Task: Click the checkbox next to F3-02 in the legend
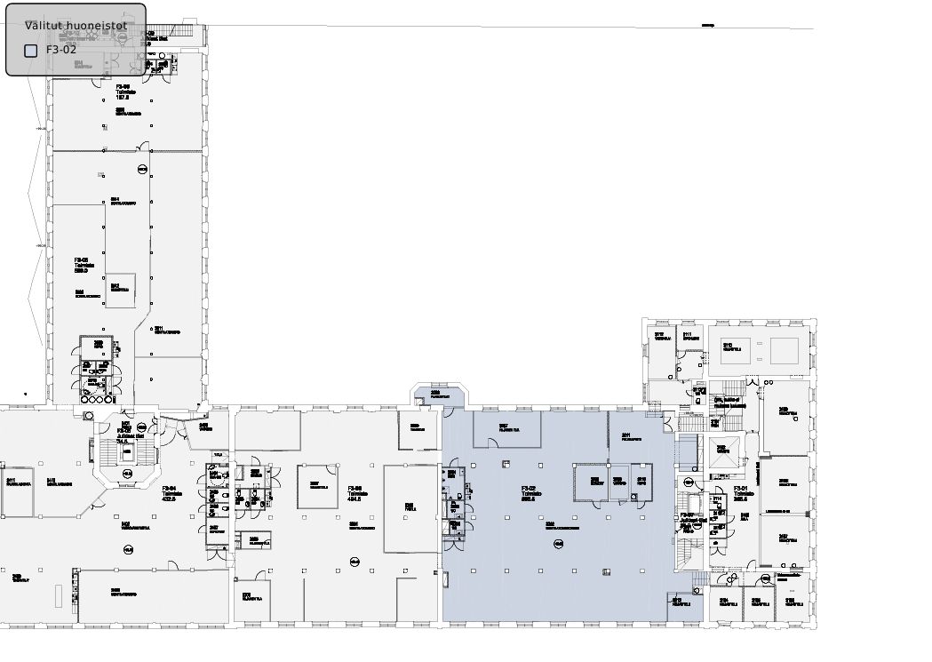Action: [x=31, y=51]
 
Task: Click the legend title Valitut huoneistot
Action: [x=76, y=26]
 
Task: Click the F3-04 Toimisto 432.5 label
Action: [x=169, y=493]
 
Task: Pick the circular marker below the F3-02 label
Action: [x=558, y=543]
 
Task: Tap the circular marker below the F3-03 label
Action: [x=354, y=560]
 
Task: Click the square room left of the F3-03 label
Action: [x=317, y=487]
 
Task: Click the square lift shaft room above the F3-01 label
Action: [x=722, y=451]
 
